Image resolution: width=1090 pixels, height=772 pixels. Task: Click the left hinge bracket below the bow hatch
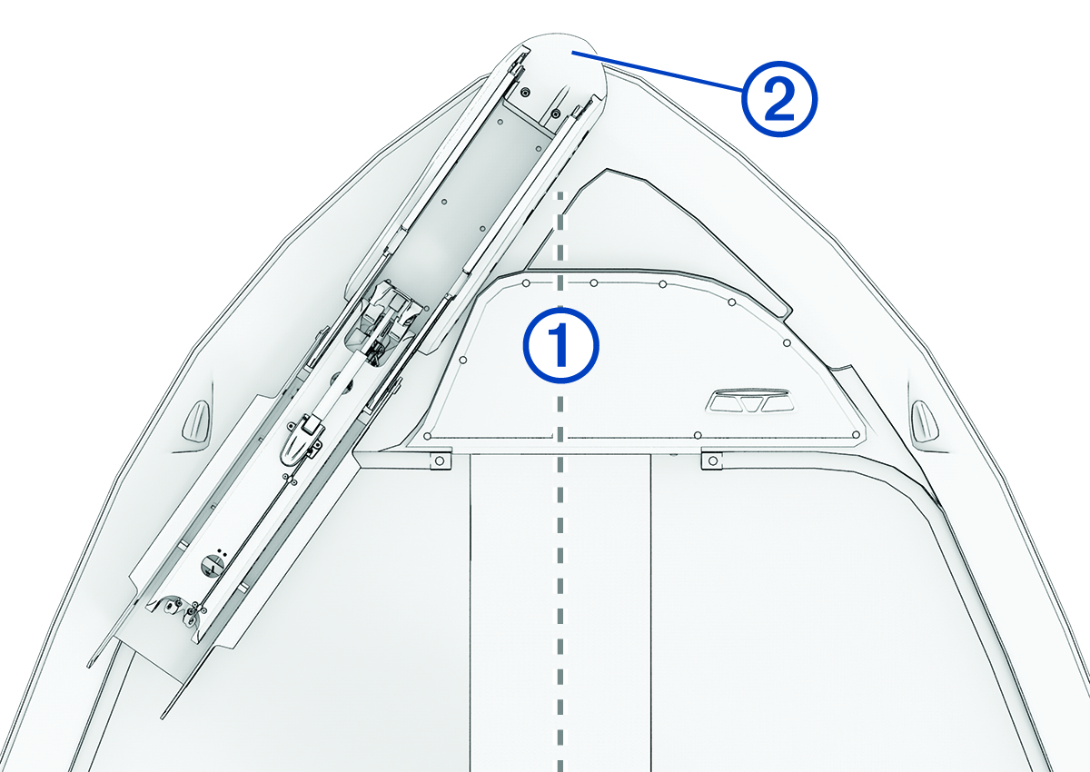[x=439, y=460]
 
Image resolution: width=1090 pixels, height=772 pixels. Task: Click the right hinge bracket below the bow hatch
[x=713, y=460]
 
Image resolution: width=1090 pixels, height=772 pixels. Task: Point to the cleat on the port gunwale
[x=196, y=420]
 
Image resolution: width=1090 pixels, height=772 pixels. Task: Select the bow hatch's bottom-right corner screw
[x=857, y=438]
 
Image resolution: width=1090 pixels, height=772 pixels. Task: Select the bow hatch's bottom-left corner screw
[x=426, y=437]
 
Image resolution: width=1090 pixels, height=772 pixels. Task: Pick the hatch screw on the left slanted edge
[x=463, y=361]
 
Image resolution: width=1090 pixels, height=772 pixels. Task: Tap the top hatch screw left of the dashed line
[x=527, y=283]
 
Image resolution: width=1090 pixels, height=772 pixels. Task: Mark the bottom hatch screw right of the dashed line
[x=698, y=437]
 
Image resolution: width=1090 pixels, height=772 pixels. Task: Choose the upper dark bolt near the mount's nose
[x=526, y=93]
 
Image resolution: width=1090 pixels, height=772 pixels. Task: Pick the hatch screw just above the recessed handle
[x=786, y=343]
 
